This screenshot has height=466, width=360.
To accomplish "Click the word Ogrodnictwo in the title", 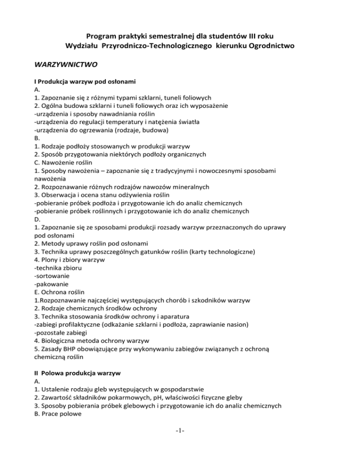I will [269, 46].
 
